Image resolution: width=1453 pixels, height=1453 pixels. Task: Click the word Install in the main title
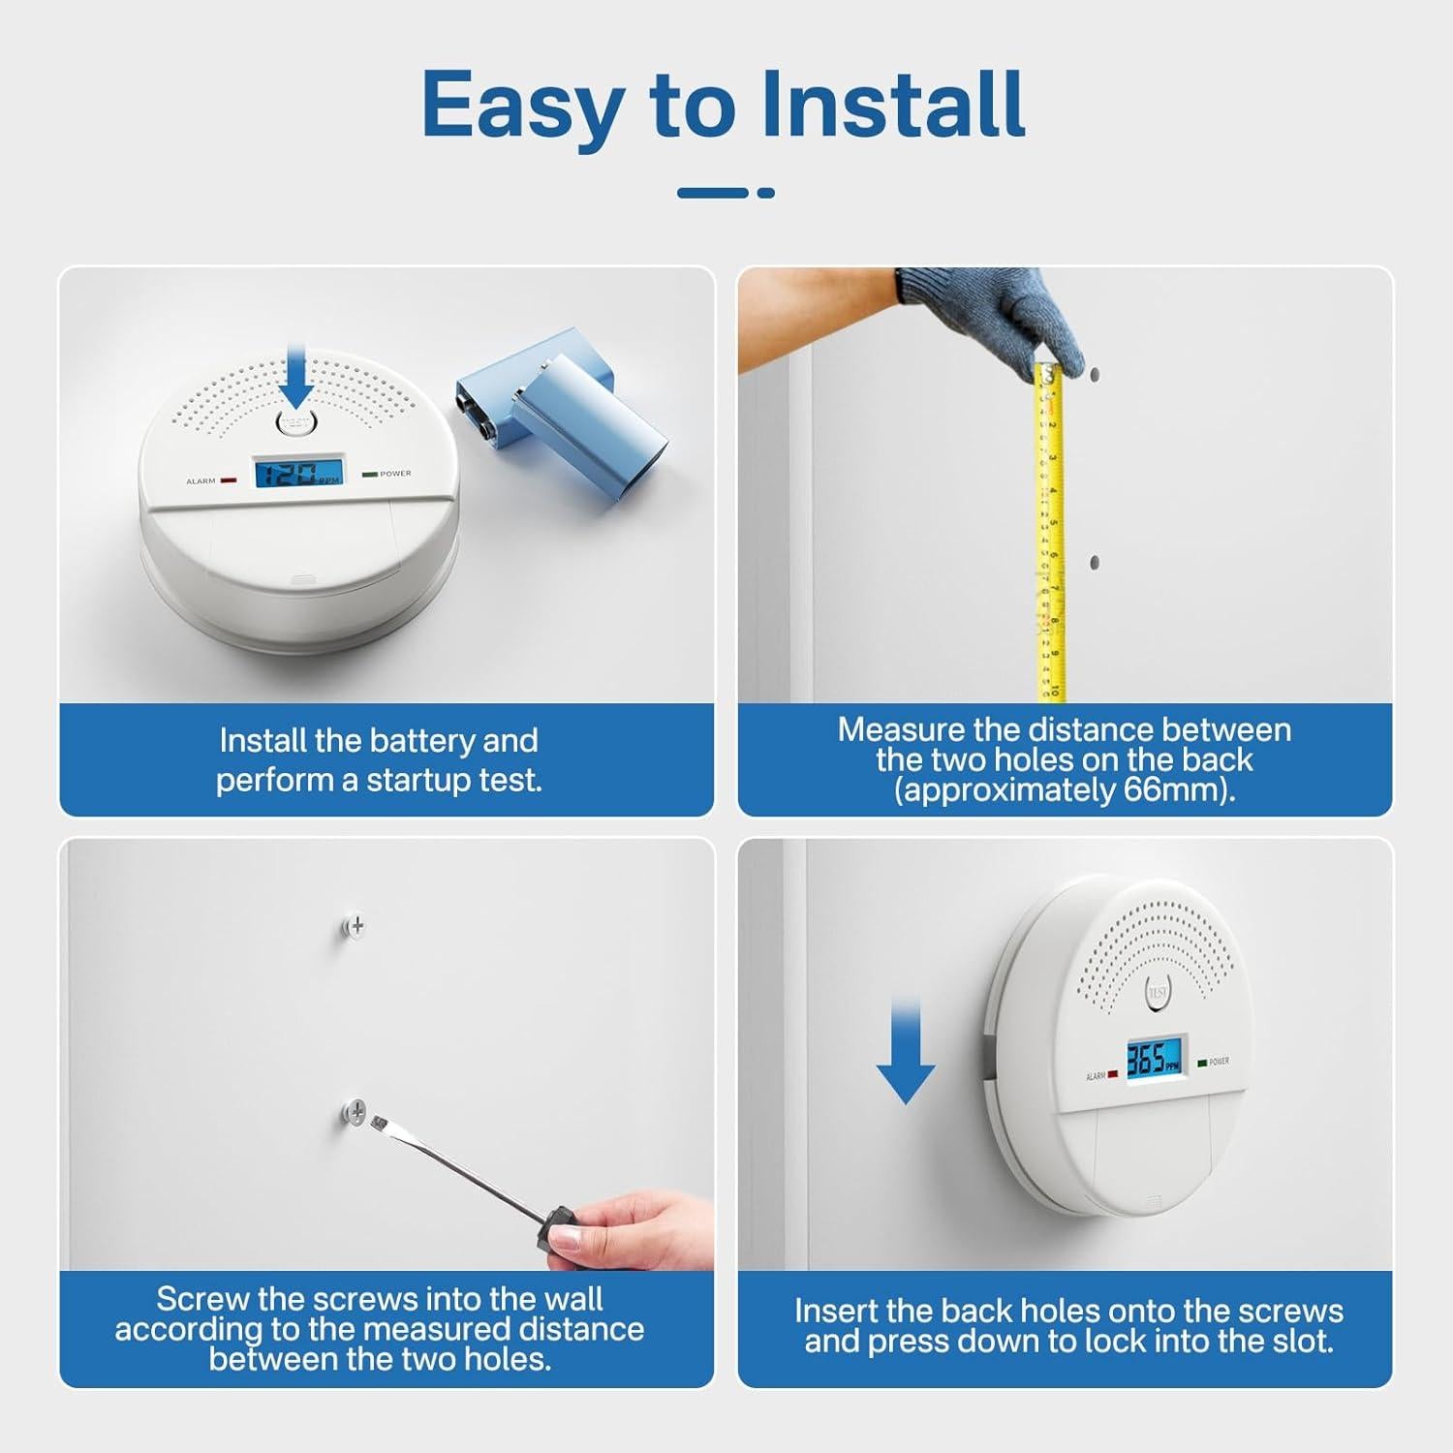click(x=891, y=105)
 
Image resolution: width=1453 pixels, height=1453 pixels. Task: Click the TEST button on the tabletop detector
click(x=297, y=423)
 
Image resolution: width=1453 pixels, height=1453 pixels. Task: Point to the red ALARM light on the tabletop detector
click(x=229, y=479)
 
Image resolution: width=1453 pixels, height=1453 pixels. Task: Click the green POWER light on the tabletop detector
click(x=369, y=475)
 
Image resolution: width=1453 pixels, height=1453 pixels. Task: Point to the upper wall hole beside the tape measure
click(x=1094, y=372)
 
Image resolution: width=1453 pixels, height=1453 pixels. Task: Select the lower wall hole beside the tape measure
click(x=1095, y=562)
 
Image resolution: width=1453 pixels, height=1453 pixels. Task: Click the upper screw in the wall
click(x=356, y=926)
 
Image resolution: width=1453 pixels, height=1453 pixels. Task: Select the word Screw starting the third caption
click(x=200, y=1298)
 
